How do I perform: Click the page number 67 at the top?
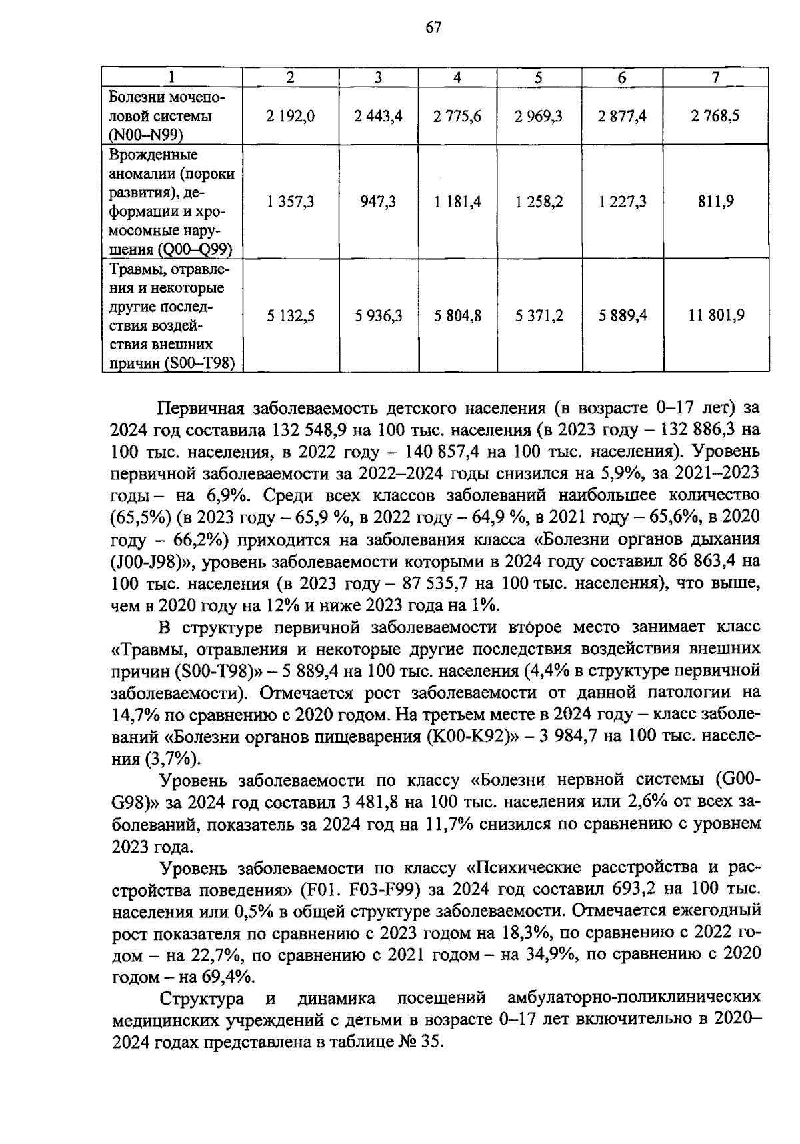click(x=433, y=27)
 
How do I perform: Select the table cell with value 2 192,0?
click(x=290, y=117)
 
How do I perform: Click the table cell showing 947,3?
click(x=378, y=202)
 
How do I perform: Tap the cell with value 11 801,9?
click(x=716, y=315)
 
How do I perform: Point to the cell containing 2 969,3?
click(x=539, y=117)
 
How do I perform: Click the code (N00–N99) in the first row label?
click(x=145, y=135)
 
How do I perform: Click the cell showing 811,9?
click(x=716, y=202)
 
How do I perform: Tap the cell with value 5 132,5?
click(x=290, y=315)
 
